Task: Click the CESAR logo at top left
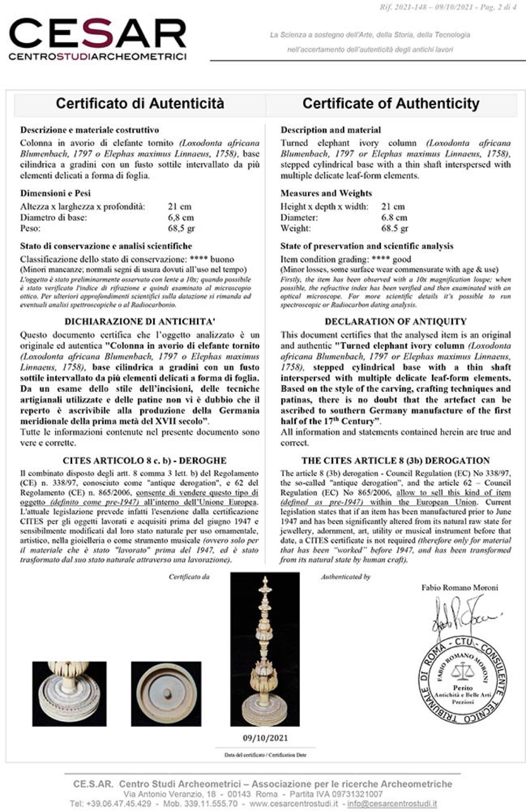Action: pos(98,39)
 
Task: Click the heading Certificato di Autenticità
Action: pos(140,103)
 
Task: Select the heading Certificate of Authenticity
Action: pos(391,103)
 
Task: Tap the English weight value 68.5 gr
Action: pos(394,228)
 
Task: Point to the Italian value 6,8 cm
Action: pos(181,218)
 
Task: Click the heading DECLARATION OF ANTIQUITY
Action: pos(395,322)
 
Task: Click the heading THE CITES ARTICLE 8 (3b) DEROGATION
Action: pos(395,461)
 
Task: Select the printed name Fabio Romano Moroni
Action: pos(460,588)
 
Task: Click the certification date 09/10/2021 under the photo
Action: pos(265,738)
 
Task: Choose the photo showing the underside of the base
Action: pos(166,694)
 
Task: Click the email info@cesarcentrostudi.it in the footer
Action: pos(392,804)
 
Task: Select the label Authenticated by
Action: pos(346,577)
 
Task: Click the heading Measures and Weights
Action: pos(326,193)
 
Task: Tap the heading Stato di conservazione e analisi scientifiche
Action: pos(106,246)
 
